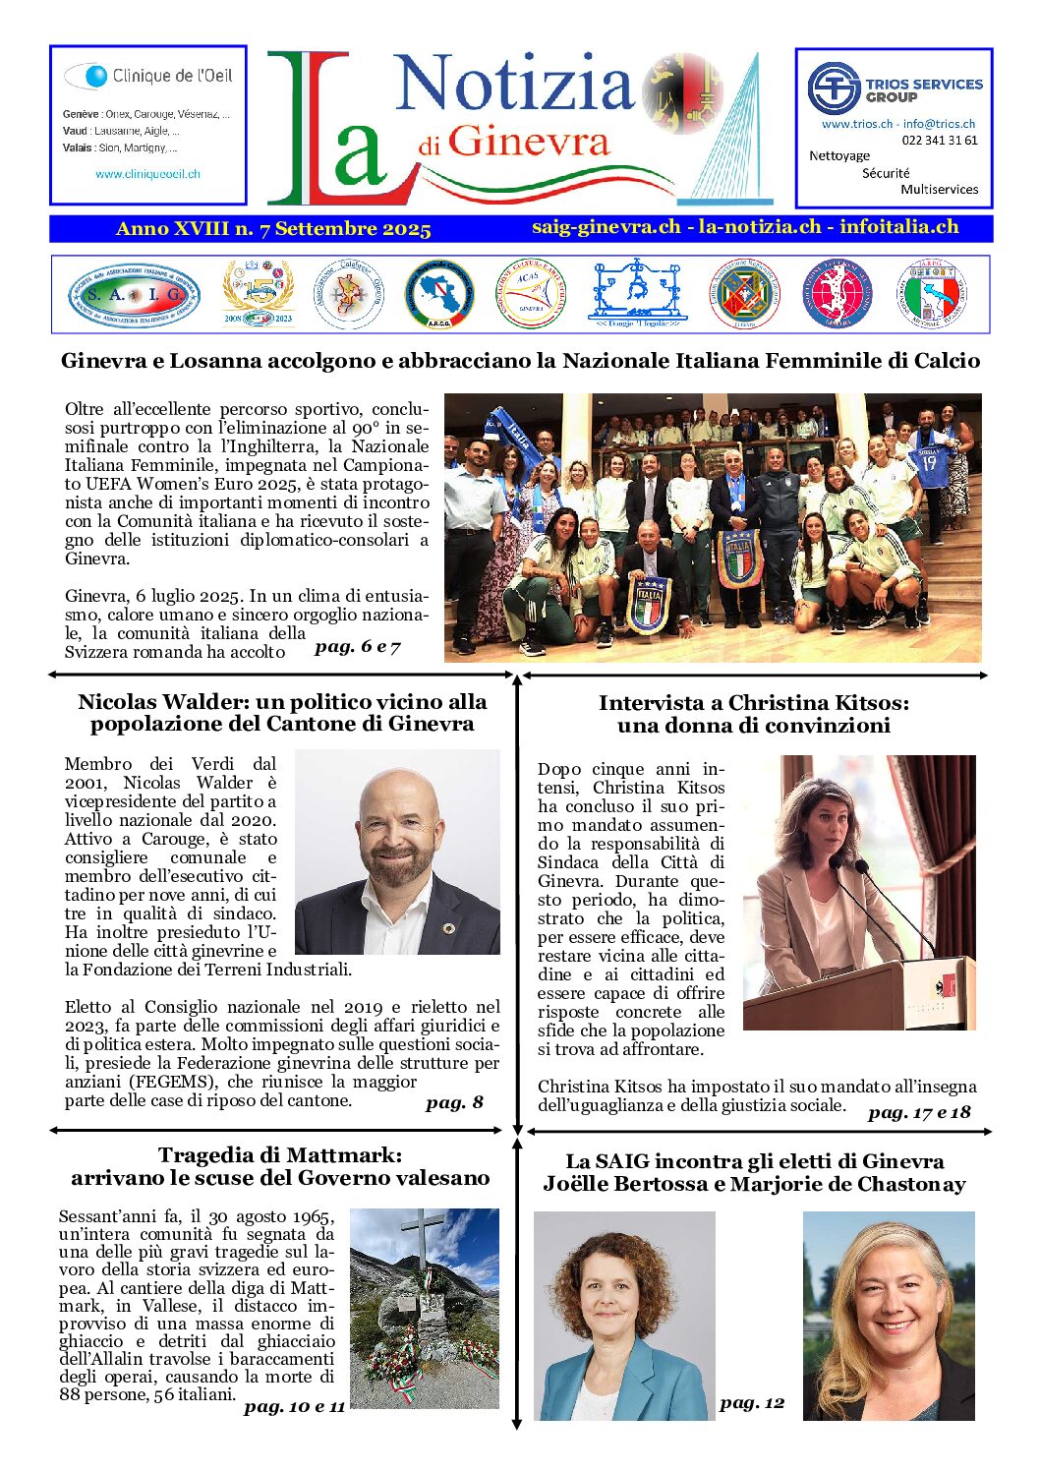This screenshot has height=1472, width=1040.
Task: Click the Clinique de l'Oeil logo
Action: point(147,76)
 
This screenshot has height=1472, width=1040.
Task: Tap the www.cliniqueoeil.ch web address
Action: point(147,174)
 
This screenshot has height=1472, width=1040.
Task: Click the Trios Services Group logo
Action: point(894,88)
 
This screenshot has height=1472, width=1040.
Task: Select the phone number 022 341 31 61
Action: point(939,141)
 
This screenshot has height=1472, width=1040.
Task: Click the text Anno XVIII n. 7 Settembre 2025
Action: point(273,229)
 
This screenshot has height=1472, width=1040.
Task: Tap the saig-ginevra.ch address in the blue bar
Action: point(606,227)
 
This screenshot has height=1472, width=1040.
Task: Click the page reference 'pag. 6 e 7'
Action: point(358,647)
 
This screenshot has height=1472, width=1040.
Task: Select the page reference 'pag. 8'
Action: point(454,1102)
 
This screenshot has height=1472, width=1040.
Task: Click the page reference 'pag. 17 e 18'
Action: point(919,1112)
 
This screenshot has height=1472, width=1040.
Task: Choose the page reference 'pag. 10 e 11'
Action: point(294,1407)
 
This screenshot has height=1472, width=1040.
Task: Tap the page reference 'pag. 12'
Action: point(752,1403)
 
